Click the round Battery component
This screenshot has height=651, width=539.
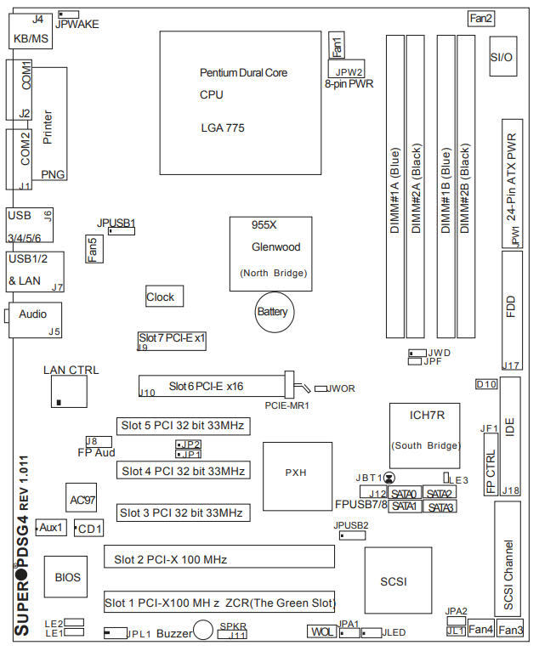[273, 313]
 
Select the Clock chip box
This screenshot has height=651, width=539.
[164, 297]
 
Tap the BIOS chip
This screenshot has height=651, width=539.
[68, 578]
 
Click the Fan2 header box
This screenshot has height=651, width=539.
[481, 18]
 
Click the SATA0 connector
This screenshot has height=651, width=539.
[404, 494]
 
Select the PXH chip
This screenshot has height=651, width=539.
[296, 473]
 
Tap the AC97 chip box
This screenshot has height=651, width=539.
[82, 500]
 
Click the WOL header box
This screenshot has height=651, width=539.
[321, 632]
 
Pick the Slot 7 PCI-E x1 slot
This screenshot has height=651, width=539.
[173, 338]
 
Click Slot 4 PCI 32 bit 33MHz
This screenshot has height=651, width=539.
[183, 471]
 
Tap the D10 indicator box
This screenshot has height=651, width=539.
[485, 384]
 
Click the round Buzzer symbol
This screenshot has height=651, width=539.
[203, 630]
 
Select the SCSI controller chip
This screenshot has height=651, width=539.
[394, 581]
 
